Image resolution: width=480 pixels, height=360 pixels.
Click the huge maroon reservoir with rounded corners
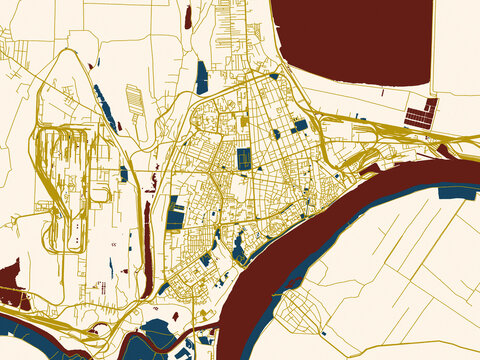[350, 40]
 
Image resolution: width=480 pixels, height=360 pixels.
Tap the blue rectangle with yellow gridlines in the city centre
[244, 158]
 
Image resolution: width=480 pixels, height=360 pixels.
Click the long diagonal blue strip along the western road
[104, 106]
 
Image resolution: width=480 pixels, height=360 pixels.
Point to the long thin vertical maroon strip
[147, 235]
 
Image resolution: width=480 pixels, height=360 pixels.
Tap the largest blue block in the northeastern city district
[299, 125]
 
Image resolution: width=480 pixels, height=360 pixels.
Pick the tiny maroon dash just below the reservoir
[383, 93]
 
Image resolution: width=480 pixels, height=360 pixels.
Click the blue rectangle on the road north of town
[202, 76]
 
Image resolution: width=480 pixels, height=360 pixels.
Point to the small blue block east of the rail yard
[123, 174]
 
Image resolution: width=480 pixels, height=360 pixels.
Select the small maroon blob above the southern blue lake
[175, 315]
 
